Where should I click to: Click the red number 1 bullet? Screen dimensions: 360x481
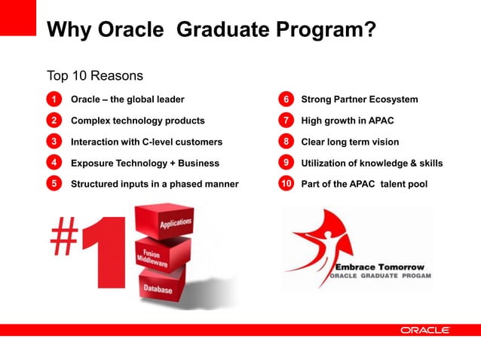pos(54,99)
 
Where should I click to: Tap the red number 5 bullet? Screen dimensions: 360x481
pos(54,184)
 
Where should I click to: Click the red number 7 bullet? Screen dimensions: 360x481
pos(286,121)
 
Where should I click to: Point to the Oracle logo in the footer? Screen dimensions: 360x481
pos(425,330)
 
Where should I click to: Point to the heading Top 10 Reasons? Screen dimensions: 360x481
pos(95,76)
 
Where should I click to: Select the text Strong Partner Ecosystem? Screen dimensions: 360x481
pos(359,99)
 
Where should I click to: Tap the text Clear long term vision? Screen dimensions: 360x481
pos(350,142)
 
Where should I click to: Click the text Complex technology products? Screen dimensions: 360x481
pos(137,121)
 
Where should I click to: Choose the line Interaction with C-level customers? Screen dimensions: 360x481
pos(146,142)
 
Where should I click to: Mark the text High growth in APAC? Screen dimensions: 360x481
pos(347,121)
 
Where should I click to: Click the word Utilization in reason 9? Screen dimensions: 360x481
pos(325,163)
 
